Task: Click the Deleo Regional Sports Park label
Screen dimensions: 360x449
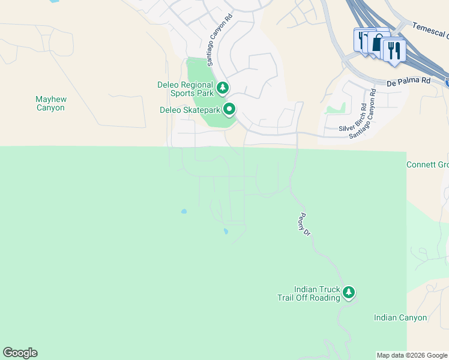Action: click(x=185, y=89)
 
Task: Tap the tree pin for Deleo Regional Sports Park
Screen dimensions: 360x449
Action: click(x=223, y=89)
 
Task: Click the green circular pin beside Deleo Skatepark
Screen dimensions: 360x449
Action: click(x=229, y=109)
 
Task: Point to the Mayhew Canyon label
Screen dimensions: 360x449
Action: click(x=50, y=103)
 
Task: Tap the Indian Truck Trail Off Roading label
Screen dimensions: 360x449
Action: click(x=309, y=293)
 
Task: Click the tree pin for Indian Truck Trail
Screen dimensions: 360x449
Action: click(x=349, y=293)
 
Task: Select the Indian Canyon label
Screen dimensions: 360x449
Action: click(x=400, y=318)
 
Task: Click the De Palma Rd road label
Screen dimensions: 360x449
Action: click(x=409, y=80)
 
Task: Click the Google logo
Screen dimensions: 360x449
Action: click(x=20, y=353)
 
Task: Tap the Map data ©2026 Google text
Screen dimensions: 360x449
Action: click(x=412, y=355)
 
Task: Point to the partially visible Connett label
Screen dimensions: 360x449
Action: click(x=427, y=164)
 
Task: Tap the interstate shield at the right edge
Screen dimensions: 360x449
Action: click(x=447, y=81)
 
